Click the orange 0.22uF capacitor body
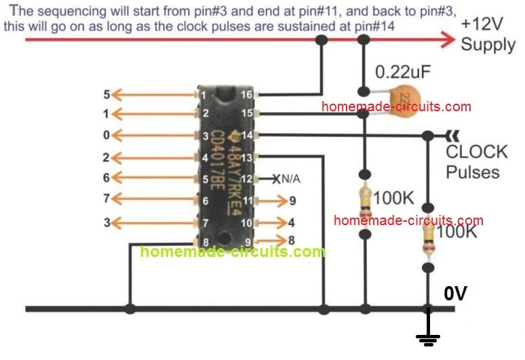[x=406, y=96]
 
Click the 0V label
[x=456, y=294]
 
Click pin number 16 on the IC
[x=248, y=94]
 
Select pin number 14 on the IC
[x=248, y=136]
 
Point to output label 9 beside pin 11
[x=292, y=201]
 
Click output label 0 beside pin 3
[x=106, y=136]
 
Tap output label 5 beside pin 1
[x=106, y=94]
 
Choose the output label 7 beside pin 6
[x=106, y=199]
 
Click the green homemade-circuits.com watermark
[x=233, y=252]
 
